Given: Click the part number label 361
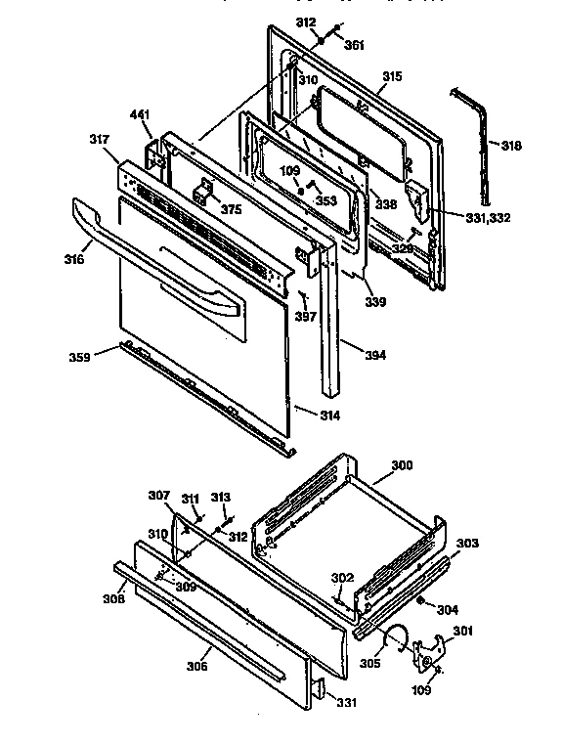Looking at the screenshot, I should coord(354,45).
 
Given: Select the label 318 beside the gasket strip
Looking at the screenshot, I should coord(511,146).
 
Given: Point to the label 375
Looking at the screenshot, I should coord(230,208).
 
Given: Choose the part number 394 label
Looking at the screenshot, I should coord(374,355).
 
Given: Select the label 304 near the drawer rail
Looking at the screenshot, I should coord(447,610).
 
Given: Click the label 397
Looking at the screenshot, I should coord(305,317).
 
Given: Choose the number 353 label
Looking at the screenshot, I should coord(325,200).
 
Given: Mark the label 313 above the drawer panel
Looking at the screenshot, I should coord(221,497).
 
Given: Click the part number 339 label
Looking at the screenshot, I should coord(376,302).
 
